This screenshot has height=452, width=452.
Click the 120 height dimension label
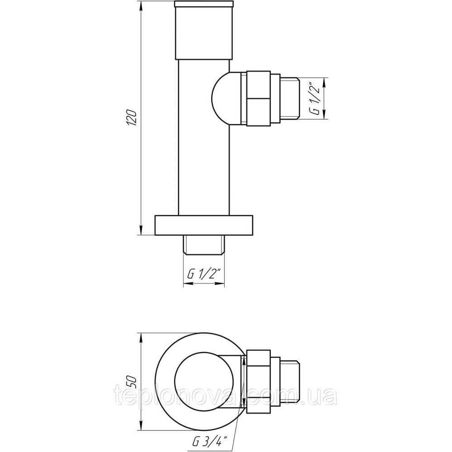point(132,118)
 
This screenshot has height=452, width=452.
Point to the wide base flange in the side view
point(204,225)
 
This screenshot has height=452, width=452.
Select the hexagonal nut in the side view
point(258,98)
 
